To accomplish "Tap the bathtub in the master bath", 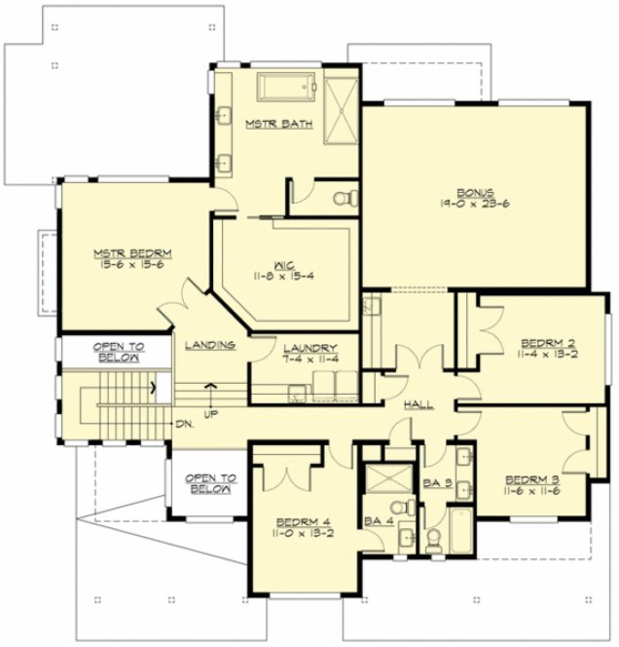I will click(x=288, y=90).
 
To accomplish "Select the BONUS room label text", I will click(x=457, y=191).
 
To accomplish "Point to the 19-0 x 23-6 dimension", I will click(x=457, y=205).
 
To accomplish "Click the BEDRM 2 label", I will click(x=548, y=343).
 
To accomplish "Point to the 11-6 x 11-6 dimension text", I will click(x=531, y=494).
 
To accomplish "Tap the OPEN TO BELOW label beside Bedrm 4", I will click(x=208, y=484).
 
